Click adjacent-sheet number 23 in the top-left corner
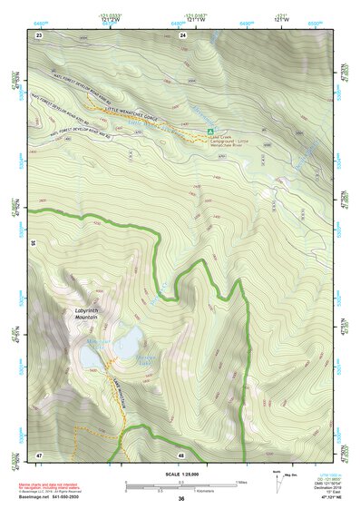[39, 34]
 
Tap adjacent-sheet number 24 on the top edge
[183, 34]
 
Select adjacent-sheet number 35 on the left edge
[33, 243]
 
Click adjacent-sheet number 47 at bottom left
[39, 454]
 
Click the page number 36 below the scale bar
[181, 499]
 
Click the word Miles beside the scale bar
[242, 481]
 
